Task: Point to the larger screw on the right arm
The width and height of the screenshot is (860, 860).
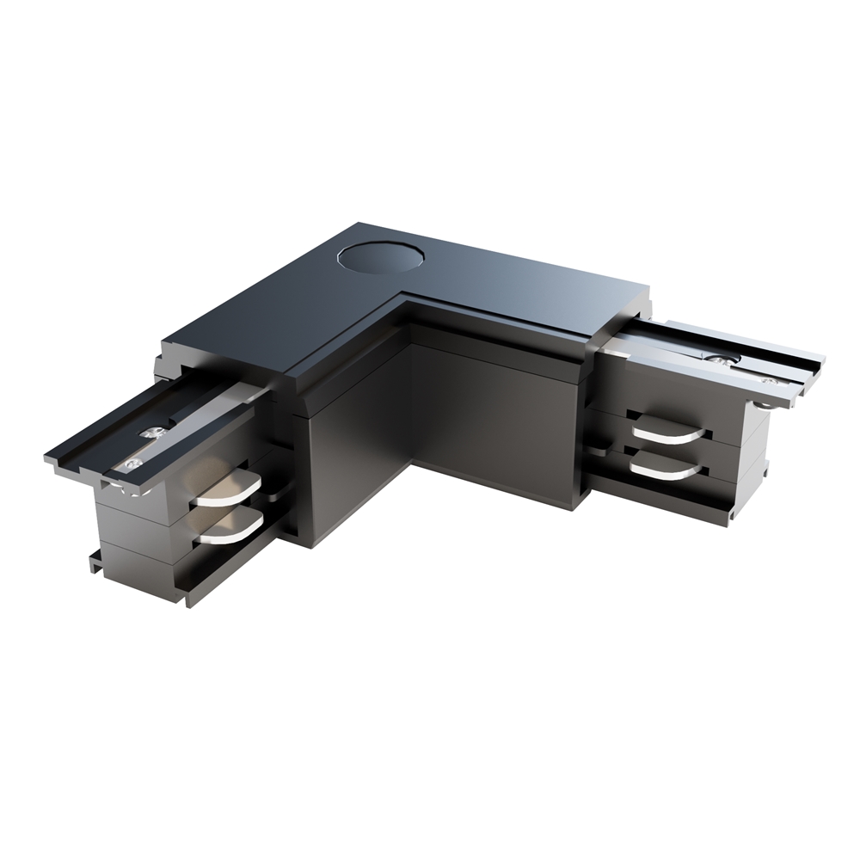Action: click(x=721, y=362)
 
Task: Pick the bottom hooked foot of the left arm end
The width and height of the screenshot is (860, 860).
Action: click(x=95, y=563)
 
